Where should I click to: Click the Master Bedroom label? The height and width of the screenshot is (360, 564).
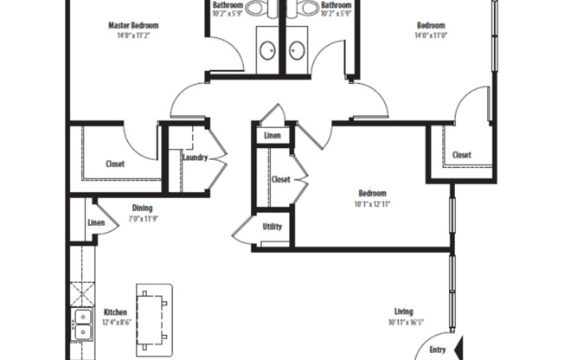pos(132,26)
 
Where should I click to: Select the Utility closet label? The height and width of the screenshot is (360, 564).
pos(272,227)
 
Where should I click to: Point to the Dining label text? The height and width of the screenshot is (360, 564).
pos(143,208)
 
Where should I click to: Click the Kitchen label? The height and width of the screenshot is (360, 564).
pos(116,312)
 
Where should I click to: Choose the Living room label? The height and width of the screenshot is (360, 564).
pos(403,312)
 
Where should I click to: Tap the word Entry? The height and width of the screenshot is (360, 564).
pos(438,350)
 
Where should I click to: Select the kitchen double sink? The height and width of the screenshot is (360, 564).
pos(82,325)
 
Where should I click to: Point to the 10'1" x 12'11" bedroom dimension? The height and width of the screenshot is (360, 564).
pos(372,204)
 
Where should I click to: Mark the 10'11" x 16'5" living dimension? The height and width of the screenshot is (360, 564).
pos(403,323)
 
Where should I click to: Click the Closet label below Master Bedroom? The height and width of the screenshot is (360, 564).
pos(115,164)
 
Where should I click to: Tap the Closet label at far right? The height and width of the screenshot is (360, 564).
pos(462,156)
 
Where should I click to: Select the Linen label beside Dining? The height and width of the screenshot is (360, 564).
pos(96,223)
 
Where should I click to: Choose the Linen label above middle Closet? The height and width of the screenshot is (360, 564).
pos(272,137)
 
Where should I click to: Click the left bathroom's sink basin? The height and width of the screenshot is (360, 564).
pos(267,49)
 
